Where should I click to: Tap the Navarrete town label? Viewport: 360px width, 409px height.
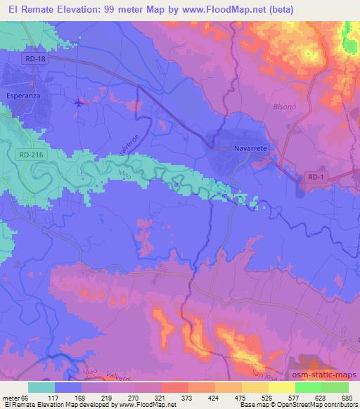click(250, 149)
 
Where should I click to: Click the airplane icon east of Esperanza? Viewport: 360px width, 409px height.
click(78, 103)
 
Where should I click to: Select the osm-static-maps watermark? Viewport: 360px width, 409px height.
click(324, 373)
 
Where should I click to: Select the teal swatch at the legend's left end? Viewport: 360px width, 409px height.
click(41, 387)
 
